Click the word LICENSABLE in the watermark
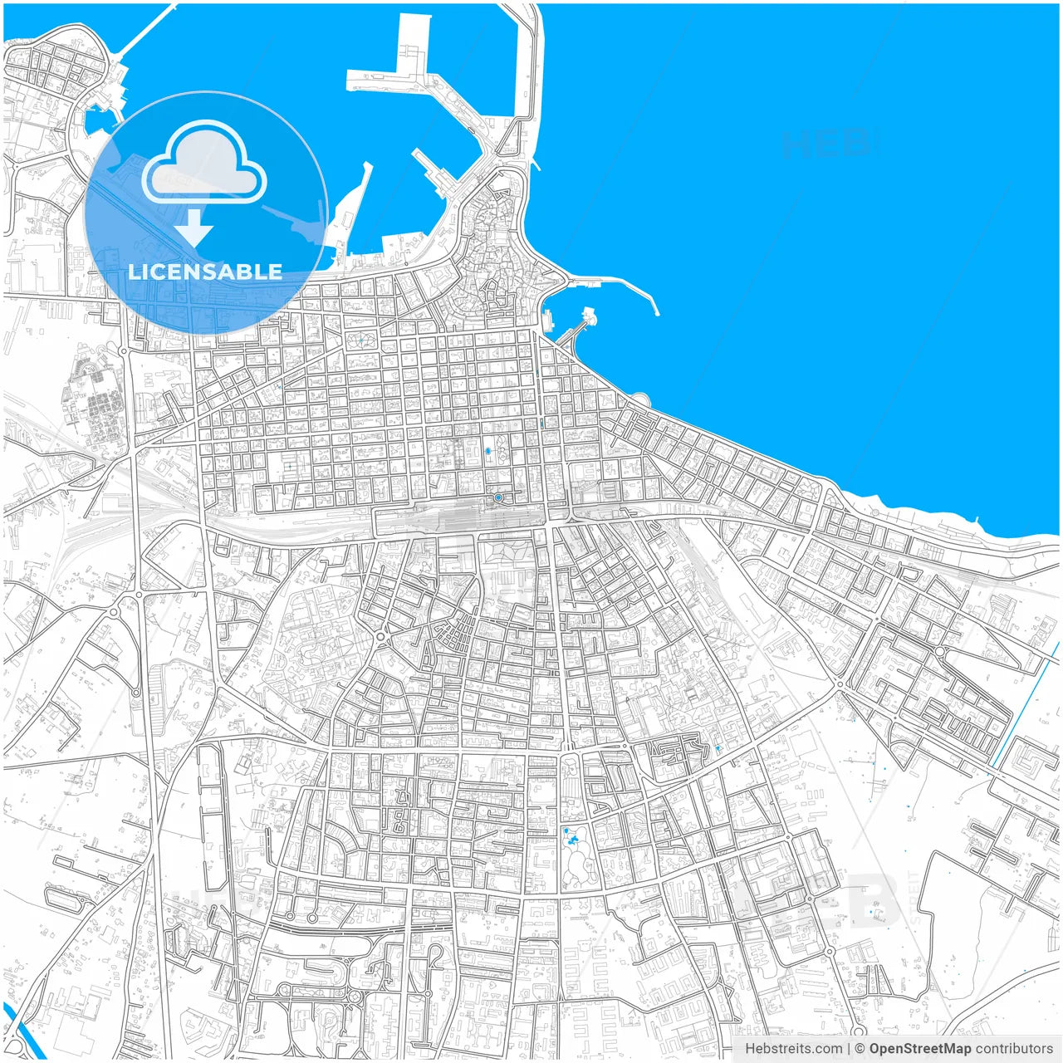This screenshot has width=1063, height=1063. click(205, 272)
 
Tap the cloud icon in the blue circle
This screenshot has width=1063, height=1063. click(204, 163)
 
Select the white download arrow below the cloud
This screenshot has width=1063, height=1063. click(194, 227)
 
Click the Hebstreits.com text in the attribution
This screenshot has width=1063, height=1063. click(793, 1049)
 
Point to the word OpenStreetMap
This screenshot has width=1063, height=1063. click(919, 1049)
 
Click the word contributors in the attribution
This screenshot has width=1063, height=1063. click(1013, 1049)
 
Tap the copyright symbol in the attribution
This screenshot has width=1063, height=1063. click(860, 1049)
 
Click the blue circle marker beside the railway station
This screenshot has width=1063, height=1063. click(498, 497)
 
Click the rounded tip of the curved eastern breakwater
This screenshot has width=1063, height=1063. click(655, 312)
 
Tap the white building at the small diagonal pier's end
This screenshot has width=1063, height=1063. click(589, 316)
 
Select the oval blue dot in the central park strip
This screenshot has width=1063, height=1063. click(488, 451)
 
